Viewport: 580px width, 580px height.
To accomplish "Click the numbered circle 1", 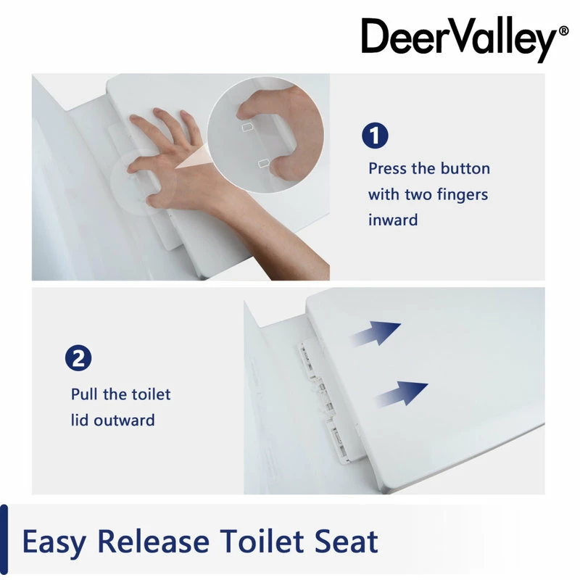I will [x=375, y=136].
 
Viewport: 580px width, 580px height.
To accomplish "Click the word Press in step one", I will [x=391, y=168].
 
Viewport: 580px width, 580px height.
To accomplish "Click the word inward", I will [x=393, y=220].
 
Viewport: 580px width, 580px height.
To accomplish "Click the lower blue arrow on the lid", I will [x=402, y=392].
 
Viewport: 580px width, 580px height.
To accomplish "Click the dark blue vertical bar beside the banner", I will [x=4, y=541].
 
